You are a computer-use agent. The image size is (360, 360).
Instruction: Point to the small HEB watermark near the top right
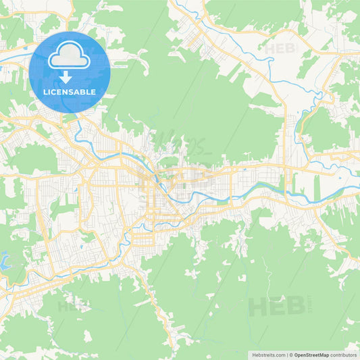[x=280, y=49]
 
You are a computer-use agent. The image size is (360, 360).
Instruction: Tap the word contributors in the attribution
[x=343, y=354]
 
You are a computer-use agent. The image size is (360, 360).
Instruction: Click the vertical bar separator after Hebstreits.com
[x=286, y=354]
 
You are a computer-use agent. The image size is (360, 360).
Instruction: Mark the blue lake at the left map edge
[x=3, y=259]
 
